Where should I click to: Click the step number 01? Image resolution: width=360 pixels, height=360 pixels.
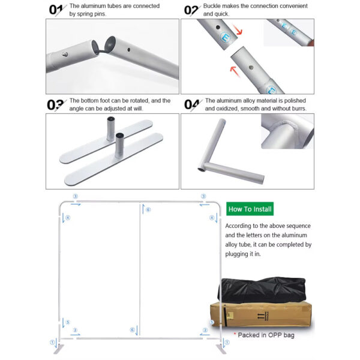56,10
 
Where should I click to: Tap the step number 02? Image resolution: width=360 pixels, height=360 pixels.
191,10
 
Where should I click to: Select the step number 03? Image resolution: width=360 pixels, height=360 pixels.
56,105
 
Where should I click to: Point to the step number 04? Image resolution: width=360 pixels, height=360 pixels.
192,105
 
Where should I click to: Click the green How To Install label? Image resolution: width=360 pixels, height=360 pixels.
250,209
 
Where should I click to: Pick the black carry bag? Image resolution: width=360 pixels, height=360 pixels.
262,290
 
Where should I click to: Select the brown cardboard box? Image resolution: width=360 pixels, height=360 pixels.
261,315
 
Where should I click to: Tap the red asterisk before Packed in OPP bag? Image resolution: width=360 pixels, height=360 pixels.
235,334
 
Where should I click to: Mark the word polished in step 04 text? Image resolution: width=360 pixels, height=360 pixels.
295,101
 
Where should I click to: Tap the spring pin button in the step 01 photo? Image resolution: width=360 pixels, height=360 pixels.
65,55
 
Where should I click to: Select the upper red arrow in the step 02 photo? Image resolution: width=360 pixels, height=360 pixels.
237,29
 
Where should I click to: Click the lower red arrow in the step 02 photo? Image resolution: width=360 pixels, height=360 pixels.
235,71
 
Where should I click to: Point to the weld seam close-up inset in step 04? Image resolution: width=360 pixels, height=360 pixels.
287,131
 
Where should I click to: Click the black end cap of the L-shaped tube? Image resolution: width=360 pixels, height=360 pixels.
202,170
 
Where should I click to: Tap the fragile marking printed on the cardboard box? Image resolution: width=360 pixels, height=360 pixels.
263,316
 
